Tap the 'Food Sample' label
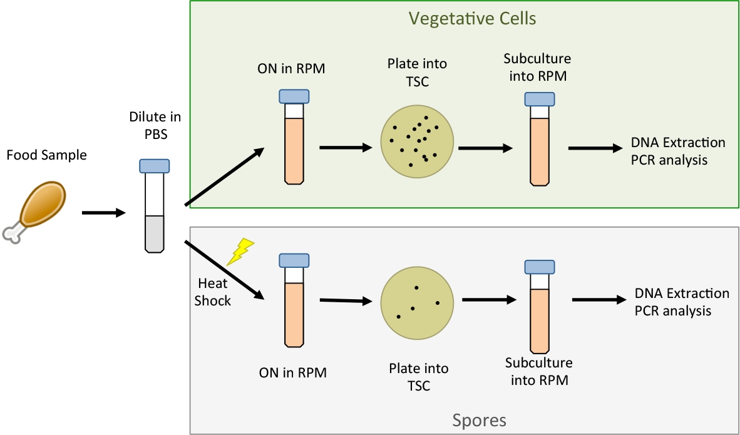[47, 155]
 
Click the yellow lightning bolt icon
[240, 251]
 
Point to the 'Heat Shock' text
[212, 292]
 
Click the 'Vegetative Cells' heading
[472, 18]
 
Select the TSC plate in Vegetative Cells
[418, 141]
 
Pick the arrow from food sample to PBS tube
[103, 213]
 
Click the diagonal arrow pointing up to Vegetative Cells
[224, 177]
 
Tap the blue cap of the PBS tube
[154, 166]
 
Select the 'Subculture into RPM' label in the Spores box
[538, 371]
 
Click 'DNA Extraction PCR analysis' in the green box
[669, 151]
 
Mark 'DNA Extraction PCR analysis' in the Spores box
[673, 302]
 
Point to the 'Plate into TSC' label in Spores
[418, 377]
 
